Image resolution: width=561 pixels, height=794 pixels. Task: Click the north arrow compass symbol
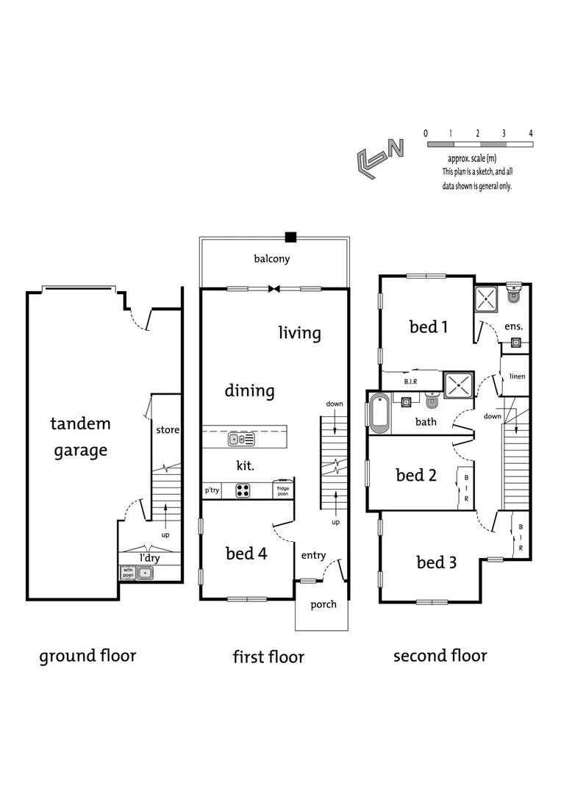coord(379,157)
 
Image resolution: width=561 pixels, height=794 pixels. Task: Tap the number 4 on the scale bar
coord(530,133)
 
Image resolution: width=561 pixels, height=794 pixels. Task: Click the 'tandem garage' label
coord(80,437)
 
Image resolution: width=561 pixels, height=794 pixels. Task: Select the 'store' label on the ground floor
coord(168,429)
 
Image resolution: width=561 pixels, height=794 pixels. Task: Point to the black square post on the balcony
coord(290,237)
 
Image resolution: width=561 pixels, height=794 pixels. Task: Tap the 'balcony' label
coord(272,259)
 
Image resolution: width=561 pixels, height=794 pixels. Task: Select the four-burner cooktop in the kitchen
coord(244,490)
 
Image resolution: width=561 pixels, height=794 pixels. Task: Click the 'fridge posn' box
coord(282,490)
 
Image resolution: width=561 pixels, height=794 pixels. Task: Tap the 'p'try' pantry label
coord(212,490)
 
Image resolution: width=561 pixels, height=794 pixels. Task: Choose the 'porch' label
coord(323,605)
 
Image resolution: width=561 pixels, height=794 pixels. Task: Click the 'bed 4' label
coord(246,554)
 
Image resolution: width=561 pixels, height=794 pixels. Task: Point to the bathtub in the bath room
coord(379,413)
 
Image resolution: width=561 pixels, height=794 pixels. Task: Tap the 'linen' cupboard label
coord(517,376)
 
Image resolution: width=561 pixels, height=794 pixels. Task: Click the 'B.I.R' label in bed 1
coord(411,382)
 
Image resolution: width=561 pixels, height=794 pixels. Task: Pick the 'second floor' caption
coord(440,655)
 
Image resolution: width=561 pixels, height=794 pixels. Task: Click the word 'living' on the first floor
coord(299,333)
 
